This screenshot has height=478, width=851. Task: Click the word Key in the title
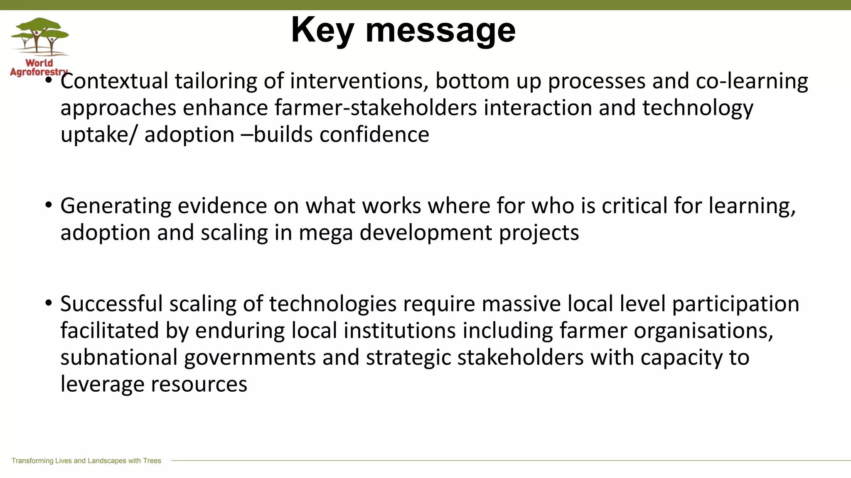click(x=322, y=31)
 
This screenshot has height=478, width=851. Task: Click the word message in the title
click(x=440, y=32)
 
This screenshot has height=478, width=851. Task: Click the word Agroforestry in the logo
click(x=38, y=72)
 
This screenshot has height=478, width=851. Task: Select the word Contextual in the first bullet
click(x=114, y=81)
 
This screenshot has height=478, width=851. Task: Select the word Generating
click(x=116, y=206)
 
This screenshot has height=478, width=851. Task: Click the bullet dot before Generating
click(x=49, y=205)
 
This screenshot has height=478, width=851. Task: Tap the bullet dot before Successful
click(x=49, y=302)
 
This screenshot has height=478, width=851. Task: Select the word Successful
click(x=111, y=304)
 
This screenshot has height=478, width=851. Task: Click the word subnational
click(x=119, y=358)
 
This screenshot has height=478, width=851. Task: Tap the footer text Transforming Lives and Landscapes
click(x=86, y=461)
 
